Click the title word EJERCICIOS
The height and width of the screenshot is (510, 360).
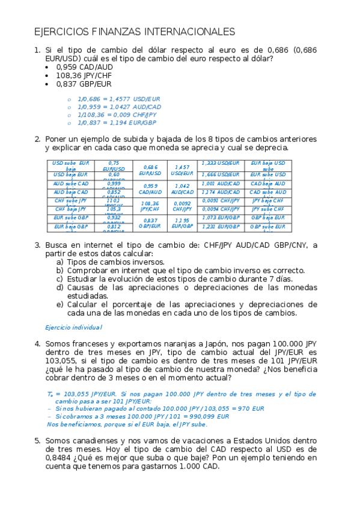[58, 31]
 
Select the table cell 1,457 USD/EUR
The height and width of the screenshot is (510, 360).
[182, 170]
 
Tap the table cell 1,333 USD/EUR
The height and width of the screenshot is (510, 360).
[221, 163]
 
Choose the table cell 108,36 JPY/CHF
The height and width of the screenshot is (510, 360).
[150, 207]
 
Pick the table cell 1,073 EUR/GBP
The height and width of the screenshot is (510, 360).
[221, 218]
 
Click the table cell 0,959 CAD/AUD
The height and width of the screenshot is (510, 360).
[150, 189]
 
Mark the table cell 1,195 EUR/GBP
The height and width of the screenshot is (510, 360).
[182, 223]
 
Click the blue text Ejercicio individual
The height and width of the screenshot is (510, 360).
[74, 327]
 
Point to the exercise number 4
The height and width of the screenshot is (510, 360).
[37, 344]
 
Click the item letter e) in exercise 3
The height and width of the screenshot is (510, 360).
[59, 304]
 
